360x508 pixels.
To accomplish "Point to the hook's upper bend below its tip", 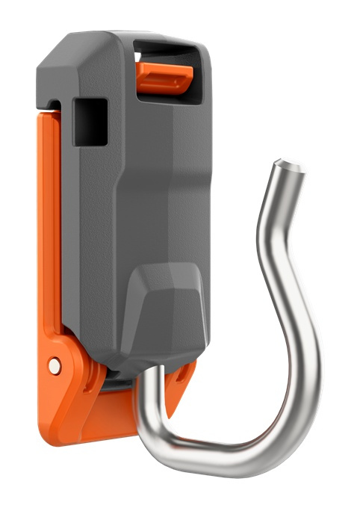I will pyautogui.click(x=269, y=224).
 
